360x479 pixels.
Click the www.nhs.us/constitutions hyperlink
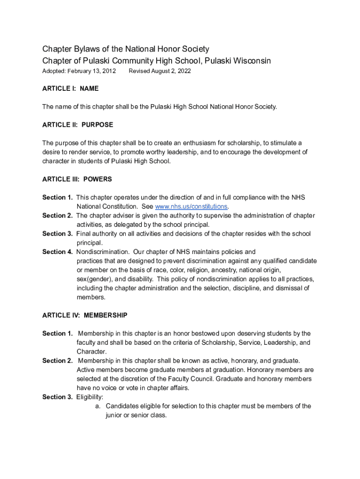191,206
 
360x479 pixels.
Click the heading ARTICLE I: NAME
71,88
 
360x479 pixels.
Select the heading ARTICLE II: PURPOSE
78,125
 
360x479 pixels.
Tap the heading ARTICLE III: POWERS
77,179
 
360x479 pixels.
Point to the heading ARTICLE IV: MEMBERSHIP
85,315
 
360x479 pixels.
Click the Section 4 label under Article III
58,252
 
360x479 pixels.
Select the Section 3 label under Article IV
58,397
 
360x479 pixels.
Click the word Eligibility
90,397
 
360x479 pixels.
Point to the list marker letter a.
98,406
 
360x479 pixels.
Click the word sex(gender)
94,279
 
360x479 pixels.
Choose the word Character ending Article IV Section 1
92,351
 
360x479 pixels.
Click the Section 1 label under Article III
58,197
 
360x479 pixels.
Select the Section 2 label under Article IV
58,361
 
